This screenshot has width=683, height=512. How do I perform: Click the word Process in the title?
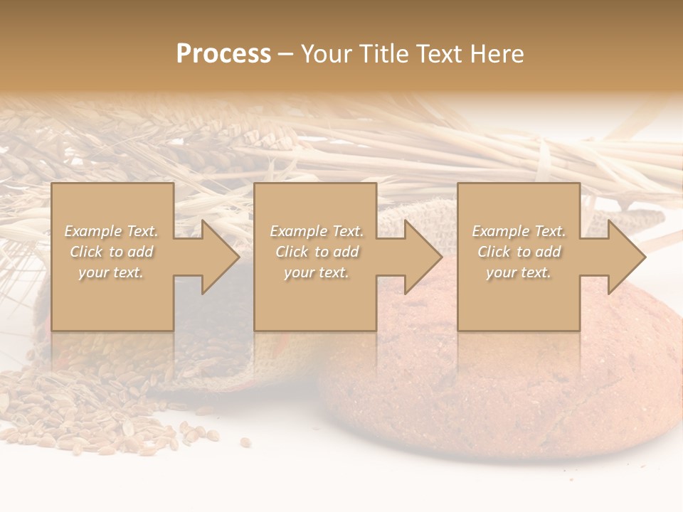(223, 54)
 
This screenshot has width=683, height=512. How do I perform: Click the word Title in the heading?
(384, 54)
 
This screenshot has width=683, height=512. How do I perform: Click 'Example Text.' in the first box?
(112, 231)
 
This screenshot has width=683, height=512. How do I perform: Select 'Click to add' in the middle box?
(317, 252)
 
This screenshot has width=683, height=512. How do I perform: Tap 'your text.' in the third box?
(519, 272)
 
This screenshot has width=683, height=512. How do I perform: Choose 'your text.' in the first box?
(112, 272)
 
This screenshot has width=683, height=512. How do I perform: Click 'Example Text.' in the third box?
(519, 231)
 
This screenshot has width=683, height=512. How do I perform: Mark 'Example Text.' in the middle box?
(317, 231)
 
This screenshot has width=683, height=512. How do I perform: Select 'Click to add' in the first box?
(112, 252)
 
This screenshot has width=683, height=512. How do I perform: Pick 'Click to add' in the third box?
(519, 252)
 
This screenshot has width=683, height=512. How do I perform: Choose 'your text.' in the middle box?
(317, 272)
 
